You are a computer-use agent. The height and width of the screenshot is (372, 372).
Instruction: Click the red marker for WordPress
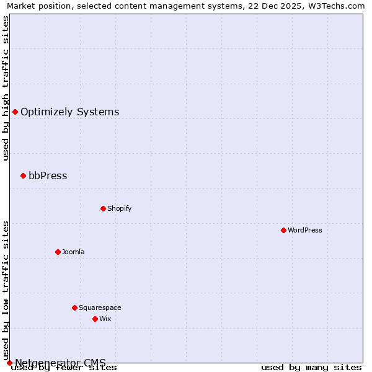pos(283,230)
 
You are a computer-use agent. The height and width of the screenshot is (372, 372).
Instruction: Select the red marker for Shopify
pos(103,208)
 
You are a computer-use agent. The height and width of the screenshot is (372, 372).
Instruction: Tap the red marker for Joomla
pos(58,252)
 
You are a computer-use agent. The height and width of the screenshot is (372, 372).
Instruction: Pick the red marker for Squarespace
pos(74,308)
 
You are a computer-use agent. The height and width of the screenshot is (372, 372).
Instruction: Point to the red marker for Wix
pos(95,319)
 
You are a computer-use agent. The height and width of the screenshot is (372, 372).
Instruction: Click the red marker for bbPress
pos(23,175)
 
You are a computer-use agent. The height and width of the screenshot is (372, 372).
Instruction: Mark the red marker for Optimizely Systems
pos(15,112)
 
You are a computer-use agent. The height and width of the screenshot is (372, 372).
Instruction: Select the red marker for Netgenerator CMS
pos(9,363)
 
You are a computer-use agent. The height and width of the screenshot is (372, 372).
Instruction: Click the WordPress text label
pos(305,230)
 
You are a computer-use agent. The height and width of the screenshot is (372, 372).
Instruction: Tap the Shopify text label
pos(120,208)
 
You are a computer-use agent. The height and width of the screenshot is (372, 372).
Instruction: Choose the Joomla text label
pos(73,252)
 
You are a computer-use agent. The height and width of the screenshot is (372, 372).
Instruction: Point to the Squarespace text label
pos(100,308)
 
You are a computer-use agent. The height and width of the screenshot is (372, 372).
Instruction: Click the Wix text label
pos(105,319)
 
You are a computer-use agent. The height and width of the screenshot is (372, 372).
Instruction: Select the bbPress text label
pos(48,175)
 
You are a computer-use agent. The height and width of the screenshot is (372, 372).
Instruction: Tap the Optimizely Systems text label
pos(70,112)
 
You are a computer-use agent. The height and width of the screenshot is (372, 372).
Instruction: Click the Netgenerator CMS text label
pos(60,362)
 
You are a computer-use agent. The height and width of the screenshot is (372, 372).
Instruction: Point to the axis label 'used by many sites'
pos(311,367)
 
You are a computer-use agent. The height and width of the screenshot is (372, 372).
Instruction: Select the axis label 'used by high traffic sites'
pos(6,88)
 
